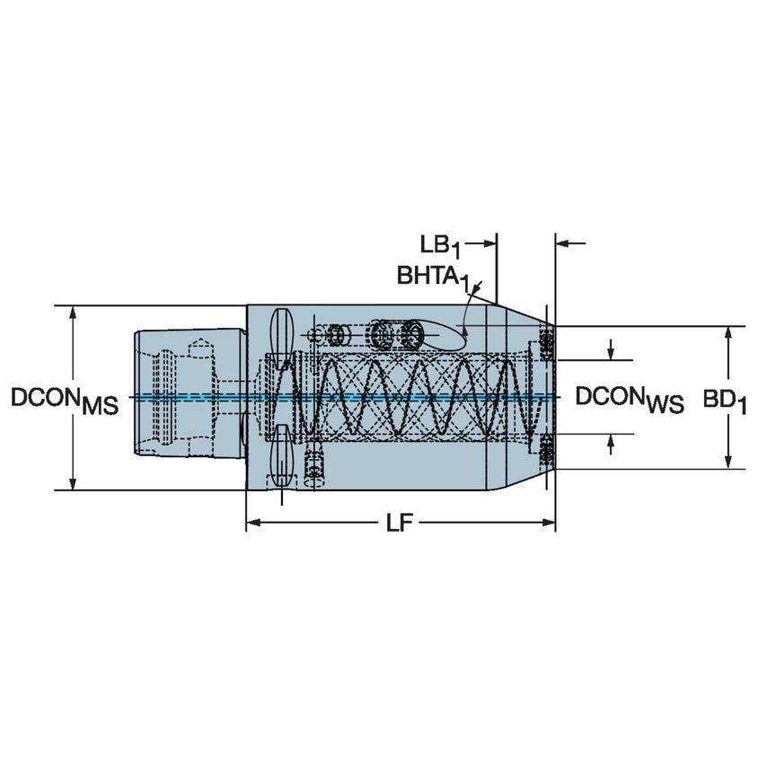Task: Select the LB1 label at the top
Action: click(x=441, y=245)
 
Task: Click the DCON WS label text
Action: click(x=630, y=400)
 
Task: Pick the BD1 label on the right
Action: click(x=726, y=400)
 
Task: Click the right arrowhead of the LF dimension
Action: click(x=550, y=523)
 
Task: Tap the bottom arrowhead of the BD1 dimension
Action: click(x=727, y=463)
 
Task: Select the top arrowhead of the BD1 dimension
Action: click(x=727, y=331)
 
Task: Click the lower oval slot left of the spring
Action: click(x=280, y=455)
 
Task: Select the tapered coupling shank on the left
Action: click(x=184, y=396)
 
